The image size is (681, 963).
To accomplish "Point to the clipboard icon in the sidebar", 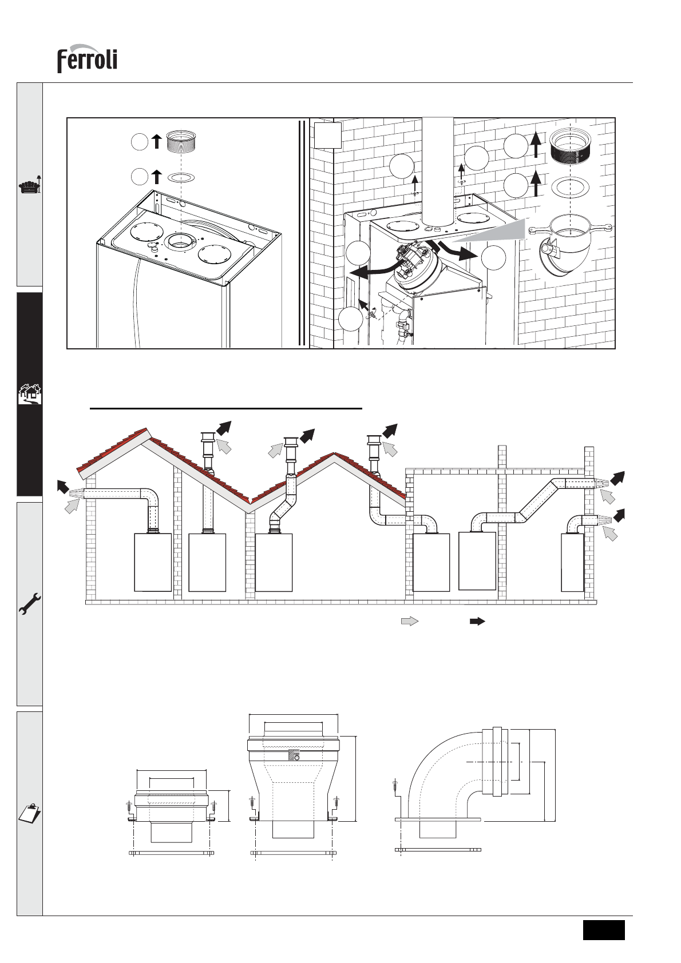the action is tap(30, 812).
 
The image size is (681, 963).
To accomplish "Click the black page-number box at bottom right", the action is tap(604, 929).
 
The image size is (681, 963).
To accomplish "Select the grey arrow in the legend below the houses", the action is tap(410, 620).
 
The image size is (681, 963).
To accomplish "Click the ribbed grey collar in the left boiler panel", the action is tap(181, 141).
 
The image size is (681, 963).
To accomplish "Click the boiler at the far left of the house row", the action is tap(153, 562).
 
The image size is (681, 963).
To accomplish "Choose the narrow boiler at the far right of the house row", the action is tap(572, 563).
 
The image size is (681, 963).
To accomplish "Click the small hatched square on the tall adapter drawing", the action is tap(295, 755).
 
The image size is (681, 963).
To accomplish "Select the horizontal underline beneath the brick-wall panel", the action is tap(227, 409).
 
